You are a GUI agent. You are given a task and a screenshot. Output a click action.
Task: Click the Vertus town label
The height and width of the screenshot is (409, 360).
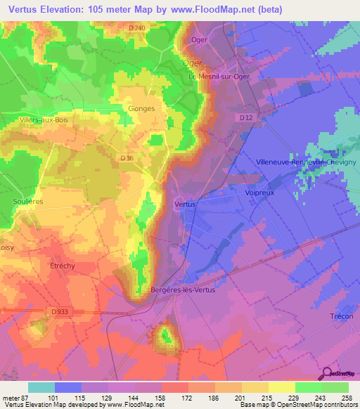[x=184, y=204]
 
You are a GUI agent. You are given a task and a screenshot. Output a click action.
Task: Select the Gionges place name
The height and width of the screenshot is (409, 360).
[x=141, y=108]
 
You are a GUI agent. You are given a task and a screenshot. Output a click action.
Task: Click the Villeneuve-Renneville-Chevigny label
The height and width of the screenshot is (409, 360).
[x=307, y=161]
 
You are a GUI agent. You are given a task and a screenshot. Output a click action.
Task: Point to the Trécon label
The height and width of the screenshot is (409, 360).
[x=341, y=316]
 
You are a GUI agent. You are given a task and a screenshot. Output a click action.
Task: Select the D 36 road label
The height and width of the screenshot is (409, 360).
[x=127, y=159]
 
